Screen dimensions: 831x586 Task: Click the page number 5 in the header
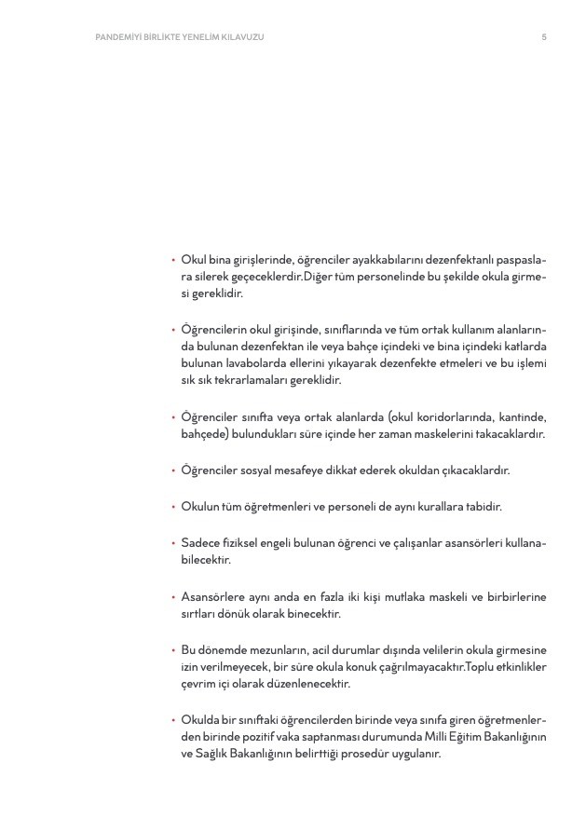(x=543, y=37)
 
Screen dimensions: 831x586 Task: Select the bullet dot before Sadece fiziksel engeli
(x=173, y=543)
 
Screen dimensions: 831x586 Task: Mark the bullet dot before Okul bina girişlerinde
(x=173, y=261)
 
